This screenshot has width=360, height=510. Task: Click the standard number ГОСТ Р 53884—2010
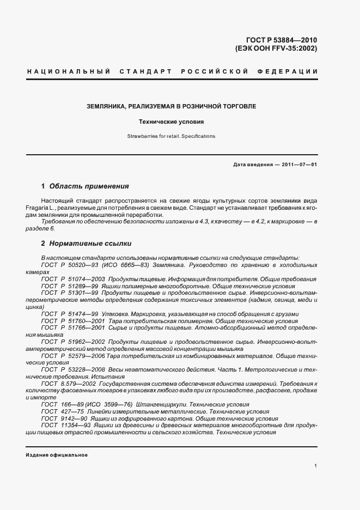[x=283, y=39]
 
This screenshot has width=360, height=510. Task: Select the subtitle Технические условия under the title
[x=171, y=122]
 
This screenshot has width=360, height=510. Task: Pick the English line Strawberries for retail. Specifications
[x=171, y=136]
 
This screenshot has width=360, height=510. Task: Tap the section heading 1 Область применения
[x=85, y=186]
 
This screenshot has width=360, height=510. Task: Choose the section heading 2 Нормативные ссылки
[x=86, y=243]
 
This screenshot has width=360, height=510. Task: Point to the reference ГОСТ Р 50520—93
[x=69, y=264]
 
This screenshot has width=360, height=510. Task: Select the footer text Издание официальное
[x=57, y=454]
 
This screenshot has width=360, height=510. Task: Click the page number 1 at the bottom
[x=316, y=466]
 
